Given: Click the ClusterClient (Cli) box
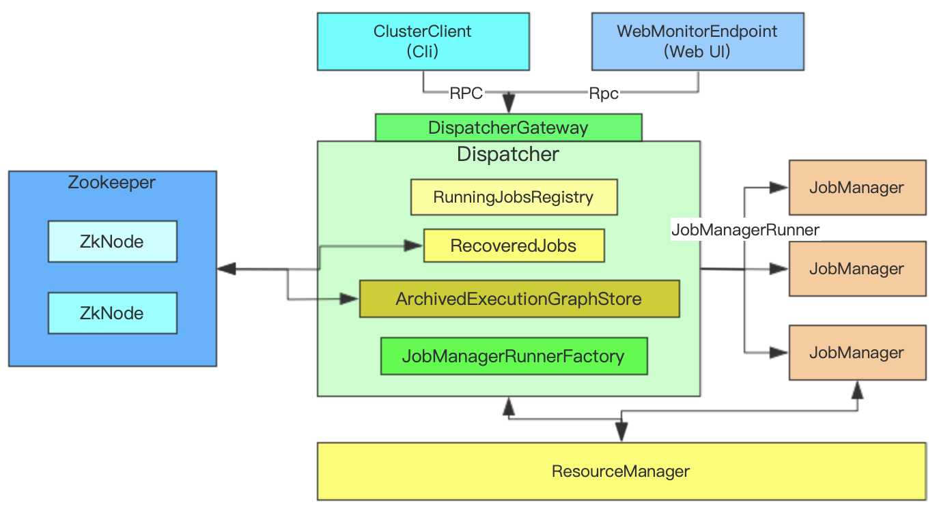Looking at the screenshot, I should (x=423, y=41).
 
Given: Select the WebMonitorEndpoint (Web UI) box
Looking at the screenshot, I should (x=697, y=41).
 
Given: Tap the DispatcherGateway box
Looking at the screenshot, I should (x=508, y=128).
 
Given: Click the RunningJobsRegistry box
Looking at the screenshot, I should (x=514, y=197).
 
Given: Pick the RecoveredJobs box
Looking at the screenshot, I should (x=514, y=246).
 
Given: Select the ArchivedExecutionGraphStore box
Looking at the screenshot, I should (x=519, y=299).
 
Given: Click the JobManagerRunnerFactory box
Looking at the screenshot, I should (x=514, y=356).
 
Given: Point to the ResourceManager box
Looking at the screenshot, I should (x=621, y=471).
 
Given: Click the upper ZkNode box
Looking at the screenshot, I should (x=112, y=241).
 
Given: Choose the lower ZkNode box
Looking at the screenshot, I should (x=112, y=313).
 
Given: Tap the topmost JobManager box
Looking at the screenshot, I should (x=857, y=188).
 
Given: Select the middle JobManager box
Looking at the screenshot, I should (x=857, y=268).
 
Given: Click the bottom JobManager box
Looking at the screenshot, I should (x=857, y=353).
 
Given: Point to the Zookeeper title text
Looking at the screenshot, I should (x=112, y=183).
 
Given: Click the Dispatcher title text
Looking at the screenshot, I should (x=508, y=154).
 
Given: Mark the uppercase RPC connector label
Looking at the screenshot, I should (x=466, y=93).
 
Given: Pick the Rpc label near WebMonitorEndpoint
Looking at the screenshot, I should (x=604, y=93).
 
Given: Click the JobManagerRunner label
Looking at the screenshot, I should (x=745, y=230).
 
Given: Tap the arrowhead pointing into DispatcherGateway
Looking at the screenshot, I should (x=509, y=105).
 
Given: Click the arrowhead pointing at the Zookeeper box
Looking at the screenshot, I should (x=226, y=269).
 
